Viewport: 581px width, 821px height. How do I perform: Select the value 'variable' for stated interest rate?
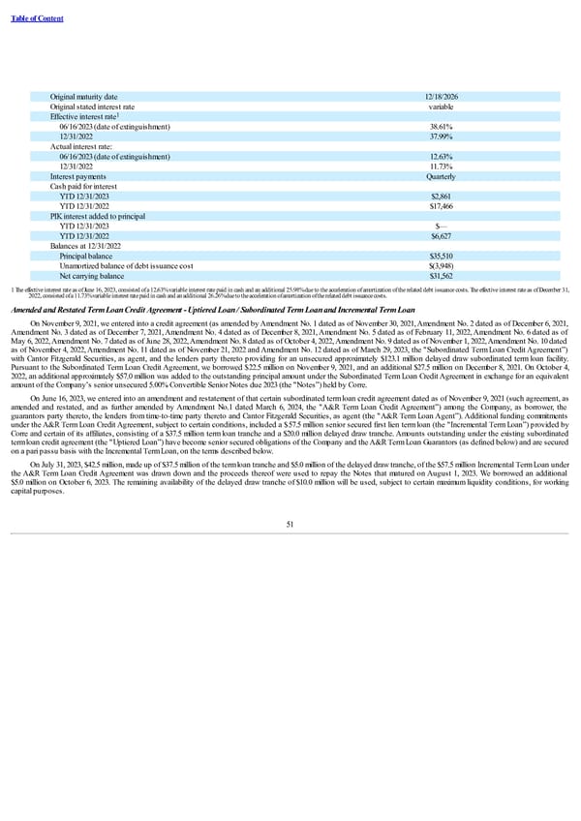[441, 106]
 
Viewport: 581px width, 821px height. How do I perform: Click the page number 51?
[290, 526]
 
